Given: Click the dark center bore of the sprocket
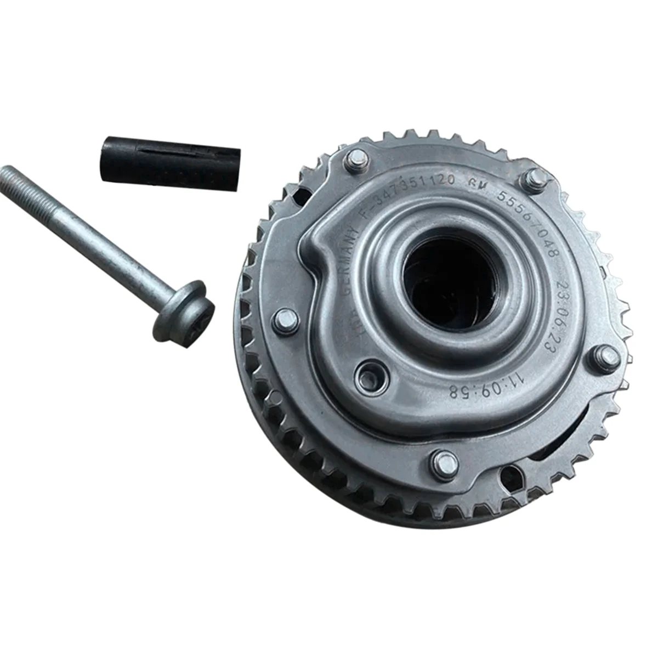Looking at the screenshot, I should pos(444,280).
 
